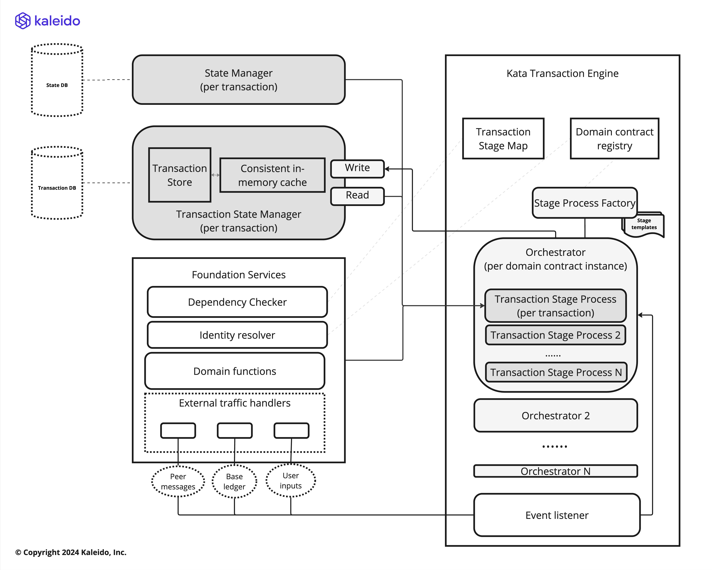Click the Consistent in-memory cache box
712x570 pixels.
272,175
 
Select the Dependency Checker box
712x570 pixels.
237,302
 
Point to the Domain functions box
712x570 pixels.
234,371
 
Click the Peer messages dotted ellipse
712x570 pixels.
178,481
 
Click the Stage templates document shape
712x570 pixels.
644,225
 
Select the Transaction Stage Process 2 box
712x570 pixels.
555,335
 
